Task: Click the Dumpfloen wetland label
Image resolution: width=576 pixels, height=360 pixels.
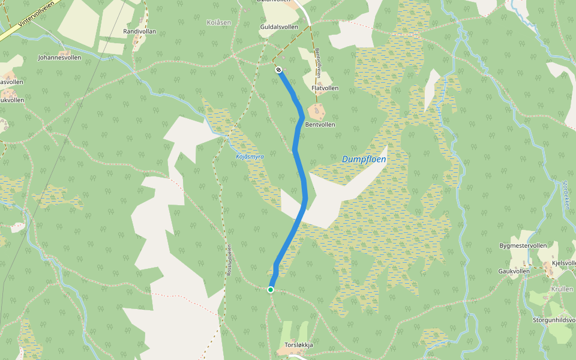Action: point(364,160)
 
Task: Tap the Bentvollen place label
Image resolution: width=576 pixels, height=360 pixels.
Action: point(320,125)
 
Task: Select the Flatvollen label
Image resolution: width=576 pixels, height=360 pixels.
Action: point(325,88)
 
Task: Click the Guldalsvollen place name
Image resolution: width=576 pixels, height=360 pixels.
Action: point(279,27)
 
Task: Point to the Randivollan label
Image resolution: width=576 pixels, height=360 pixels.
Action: point(139,31)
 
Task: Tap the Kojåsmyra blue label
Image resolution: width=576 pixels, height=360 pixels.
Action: point(250,157)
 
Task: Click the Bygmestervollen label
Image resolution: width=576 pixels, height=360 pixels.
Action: point(523,246)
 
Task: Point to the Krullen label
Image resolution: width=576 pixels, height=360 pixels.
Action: point(562,289)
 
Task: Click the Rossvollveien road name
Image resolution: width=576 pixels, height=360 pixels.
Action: point(229,260)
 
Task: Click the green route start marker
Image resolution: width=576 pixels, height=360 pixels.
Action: point(270,290)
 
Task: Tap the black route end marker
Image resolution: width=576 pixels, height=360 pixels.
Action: point(279,70)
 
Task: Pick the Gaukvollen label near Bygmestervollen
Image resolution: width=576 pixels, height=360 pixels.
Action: point(514,271)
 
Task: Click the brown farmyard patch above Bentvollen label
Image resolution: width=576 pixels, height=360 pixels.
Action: point(316,111)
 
